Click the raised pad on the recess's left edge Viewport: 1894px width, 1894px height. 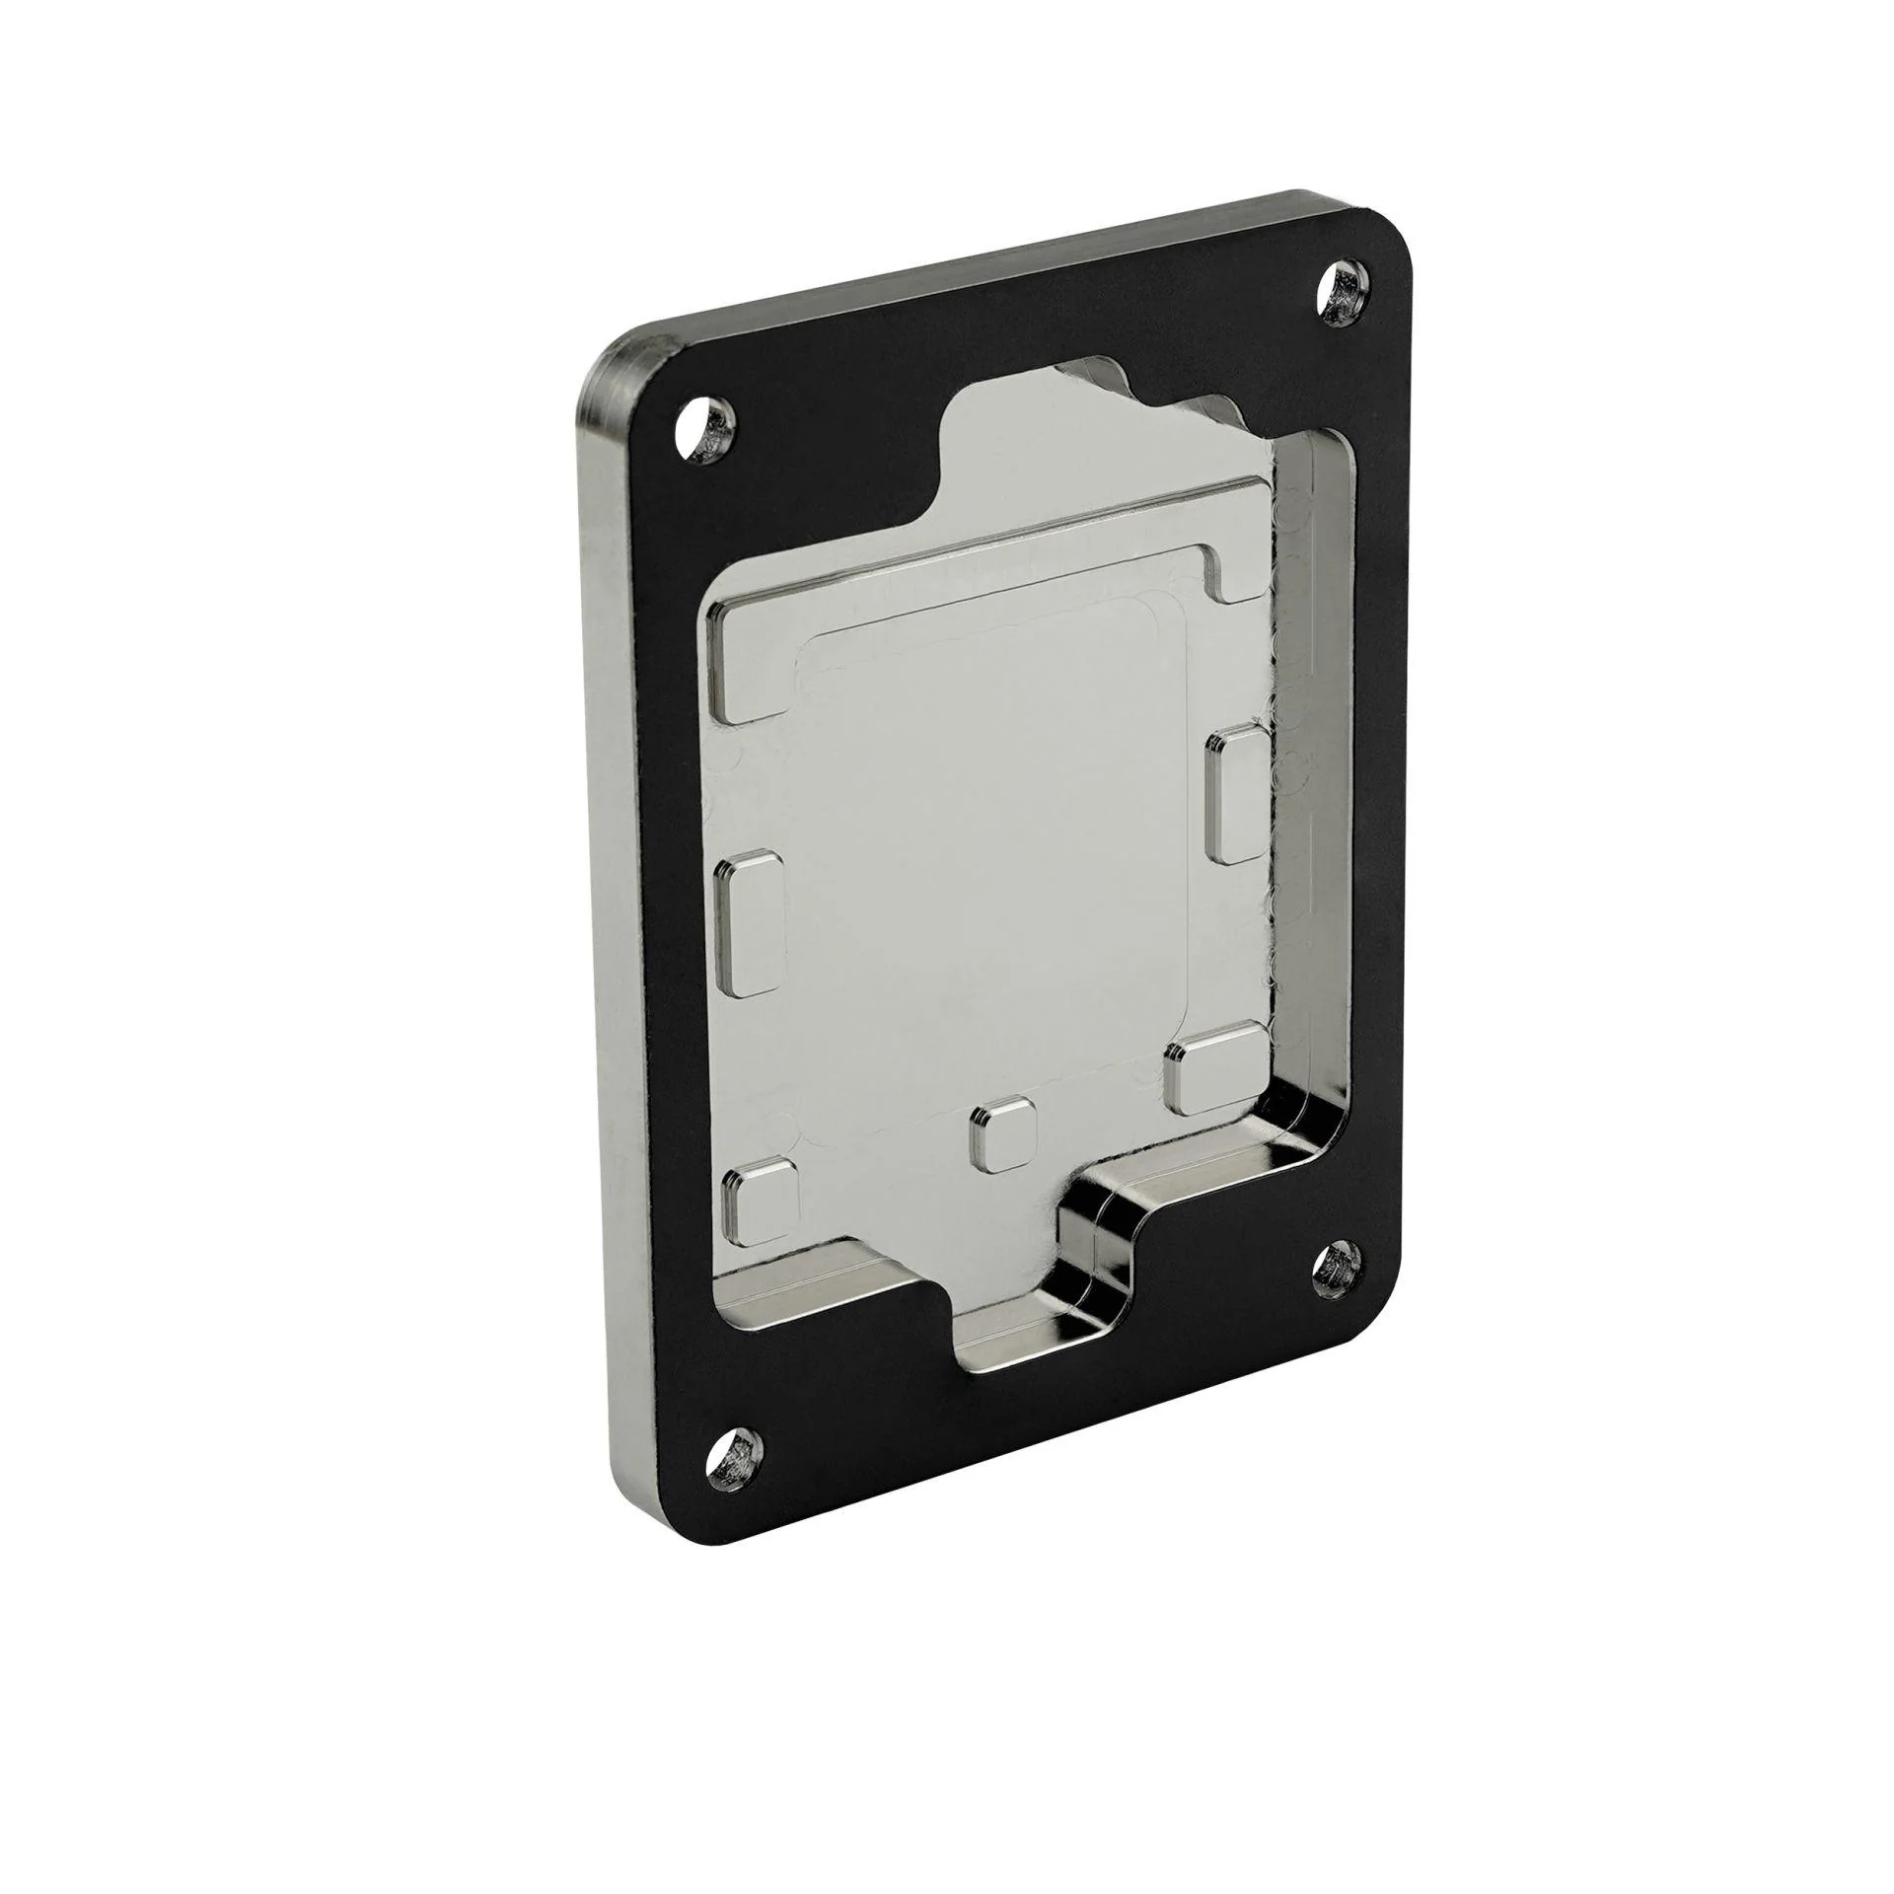[751, 924]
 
